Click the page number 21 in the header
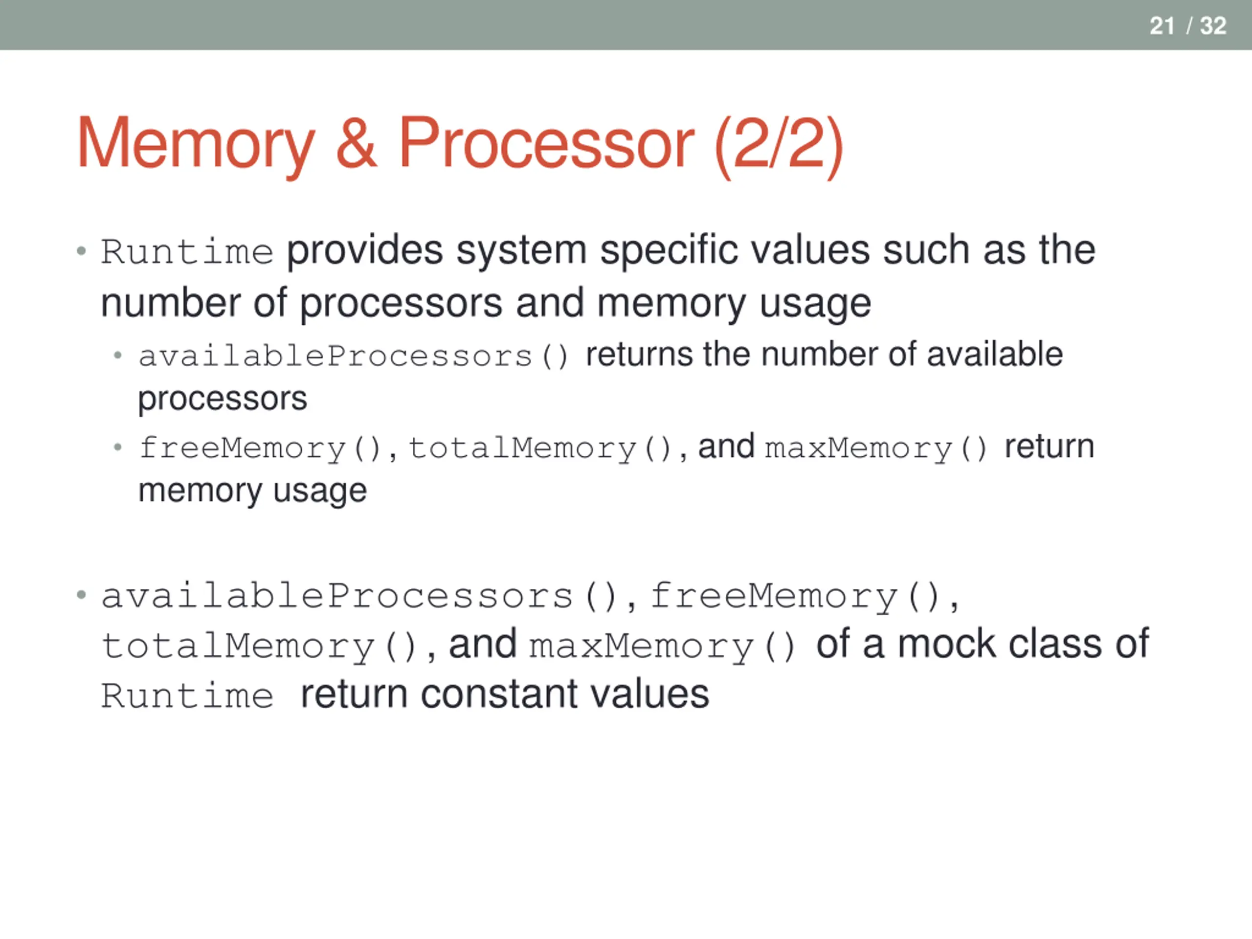(1162, 26)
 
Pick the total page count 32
(1213, 26)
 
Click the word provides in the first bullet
(364, 251)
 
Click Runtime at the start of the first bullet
(187, 252)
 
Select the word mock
(946, 644)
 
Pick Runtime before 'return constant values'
(187, 695)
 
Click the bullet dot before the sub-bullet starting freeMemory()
(118, 447)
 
